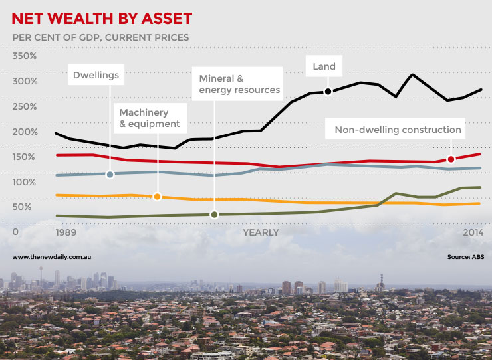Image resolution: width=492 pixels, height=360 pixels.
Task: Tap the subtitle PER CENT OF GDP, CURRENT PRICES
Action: tap(100, 37)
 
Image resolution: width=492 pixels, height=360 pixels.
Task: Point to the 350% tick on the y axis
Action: tap(25, 56)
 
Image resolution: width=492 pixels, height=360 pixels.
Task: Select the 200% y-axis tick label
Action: tap(25, 132)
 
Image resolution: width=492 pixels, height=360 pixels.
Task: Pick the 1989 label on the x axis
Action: tap(66, 232)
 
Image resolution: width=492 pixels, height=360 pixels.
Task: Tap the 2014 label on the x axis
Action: tap(473, 232)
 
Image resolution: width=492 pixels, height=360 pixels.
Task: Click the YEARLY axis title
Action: tap(261, 232)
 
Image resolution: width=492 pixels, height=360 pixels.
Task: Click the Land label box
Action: tap(324, 66)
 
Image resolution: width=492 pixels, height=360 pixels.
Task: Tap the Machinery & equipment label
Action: tap(149, 118)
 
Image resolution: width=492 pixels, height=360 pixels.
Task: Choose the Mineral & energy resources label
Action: tap(239, 84)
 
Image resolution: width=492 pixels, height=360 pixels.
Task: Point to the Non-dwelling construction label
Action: tap(398, 130)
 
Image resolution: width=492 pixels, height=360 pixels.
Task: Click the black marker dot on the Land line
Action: tap(328, 92)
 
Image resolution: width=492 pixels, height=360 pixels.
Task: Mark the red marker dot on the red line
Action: tap(451, 159)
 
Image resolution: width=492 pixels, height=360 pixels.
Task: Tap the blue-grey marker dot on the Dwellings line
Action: tap(110, 174)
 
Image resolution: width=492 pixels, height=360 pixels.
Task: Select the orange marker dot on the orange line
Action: tap(157, 197)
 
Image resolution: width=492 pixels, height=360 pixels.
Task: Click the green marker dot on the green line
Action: tap(214, 214)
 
